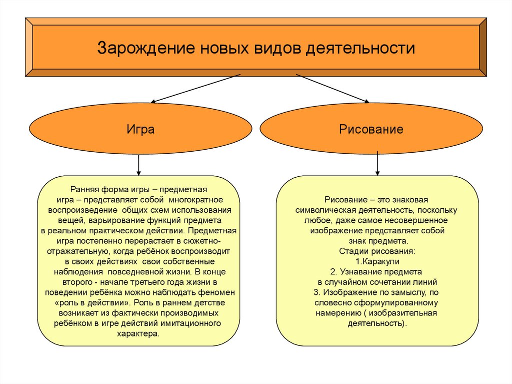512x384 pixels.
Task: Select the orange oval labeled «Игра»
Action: pos(140,130)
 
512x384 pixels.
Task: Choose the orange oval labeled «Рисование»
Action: pos(371,130)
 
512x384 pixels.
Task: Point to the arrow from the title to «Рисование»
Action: pos(332,89)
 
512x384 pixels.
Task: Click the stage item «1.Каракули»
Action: pos(377,261)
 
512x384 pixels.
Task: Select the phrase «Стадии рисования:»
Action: pos(377,251)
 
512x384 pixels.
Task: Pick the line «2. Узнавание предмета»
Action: pos(376,272)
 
